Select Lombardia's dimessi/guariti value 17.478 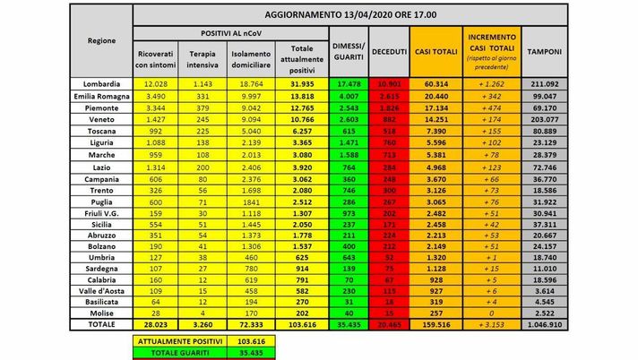pyautogui.click(x=345, y=83)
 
